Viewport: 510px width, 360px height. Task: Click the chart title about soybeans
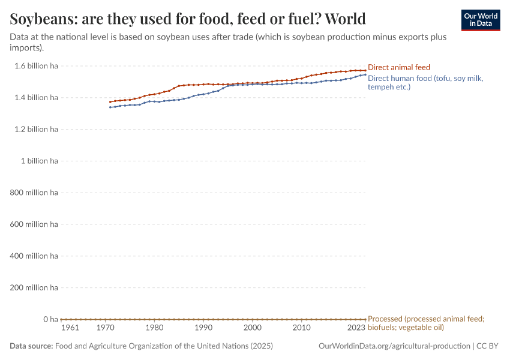[188, 18]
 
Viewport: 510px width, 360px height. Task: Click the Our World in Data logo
[481, 20]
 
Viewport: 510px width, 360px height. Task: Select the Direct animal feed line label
[398, 67]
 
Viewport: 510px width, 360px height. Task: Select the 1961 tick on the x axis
[70, 328]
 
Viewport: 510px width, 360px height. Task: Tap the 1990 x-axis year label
[203, 328]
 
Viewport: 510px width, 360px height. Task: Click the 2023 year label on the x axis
[356, 328]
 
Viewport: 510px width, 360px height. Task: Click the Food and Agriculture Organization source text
[164, 346]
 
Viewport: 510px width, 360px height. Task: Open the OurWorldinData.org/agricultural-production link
[394, 346]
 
